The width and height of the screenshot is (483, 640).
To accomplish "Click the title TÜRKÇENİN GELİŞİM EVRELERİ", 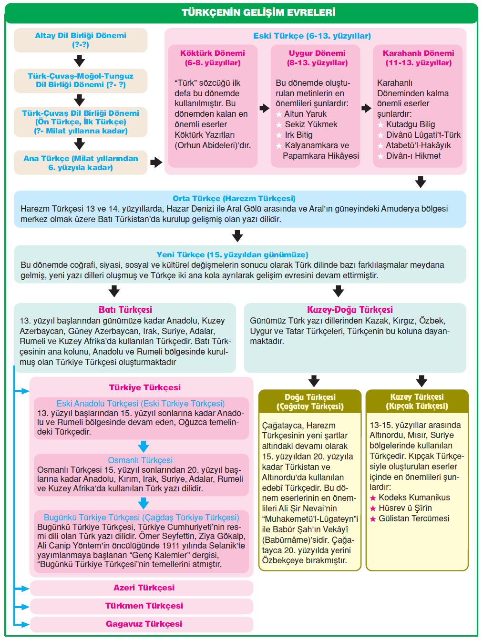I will click(258, 12).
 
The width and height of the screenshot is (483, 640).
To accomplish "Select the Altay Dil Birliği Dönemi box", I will click(81, 40).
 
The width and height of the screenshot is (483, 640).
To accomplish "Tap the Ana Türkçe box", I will click(81, 163).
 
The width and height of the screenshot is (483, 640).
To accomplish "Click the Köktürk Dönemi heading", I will click(213, 58).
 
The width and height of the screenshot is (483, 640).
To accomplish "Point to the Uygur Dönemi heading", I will click(317, 58).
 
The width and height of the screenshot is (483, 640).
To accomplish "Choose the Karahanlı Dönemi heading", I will click(418, 58).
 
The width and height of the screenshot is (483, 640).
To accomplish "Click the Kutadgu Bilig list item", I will click(410, 124).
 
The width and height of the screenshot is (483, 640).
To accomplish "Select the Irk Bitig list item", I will click(298, 135).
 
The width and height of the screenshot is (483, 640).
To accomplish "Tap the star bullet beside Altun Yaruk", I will click(279, 114).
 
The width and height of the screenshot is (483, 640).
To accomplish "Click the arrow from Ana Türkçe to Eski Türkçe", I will click(156, 163).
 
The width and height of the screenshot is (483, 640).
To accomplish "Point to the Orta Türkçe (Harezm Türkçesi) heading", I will click(234, 198).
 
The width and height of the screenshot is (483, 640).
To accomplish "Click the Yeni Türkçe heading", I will click(232, 254).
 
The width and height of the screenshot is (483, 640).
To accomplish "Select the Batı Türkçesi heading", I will click(125, 310).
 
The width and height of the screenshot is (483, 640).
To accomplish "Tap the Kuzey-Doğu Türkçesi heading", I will click(350, 310).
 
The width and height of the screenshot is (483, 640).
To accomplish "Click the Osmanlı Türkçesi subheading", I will click(140, 460).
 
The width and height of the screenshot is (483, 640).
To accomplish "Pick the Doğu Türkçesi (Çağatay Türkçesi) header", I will click(310, 402).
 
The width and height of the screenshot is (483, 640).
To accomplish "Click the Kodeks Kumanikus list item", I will click(414, 498).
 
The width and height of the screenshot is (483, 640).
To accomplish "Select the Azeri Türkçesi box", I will click(144, 588).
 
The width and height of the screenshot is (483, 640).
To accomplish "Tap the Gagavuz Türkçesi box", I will click(144, 624).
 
